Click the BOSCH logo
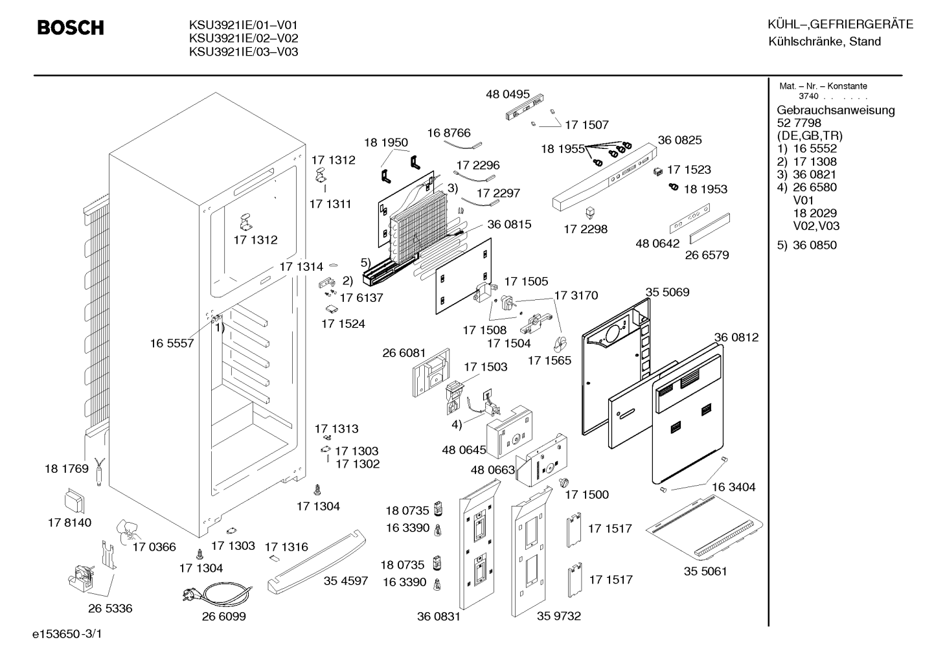(x=71, y=28)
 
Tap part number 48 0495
(x=507, y=94)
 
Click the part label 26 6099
(x=224, y=616)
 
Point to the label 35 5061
(x=705, y=571)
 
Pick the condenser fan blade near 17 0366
(x=128, y=532)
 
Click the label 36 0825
(x=679, y=140)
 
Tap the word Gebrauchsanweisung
(x=836, y=110)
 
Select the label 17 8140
(x=70, y=522)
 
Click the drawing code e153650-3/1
(x=67, y=634)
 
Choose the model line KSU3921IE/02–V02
(x=244, y=38)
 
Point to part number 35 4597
(x=346, y=580)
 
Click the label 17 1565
(x=549, y=360)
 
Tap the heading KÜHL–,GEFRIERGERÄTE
(x=841, y=24)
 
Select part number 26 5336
(x=110, y=608)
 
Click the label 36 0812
(x=736, y=337)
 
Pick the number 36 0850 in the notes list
(x=815, y=245)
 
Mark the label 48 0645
(x=464, y=450)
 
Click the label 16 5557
(x=172, y=343)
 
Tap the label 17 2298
(x=586, y=229)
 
